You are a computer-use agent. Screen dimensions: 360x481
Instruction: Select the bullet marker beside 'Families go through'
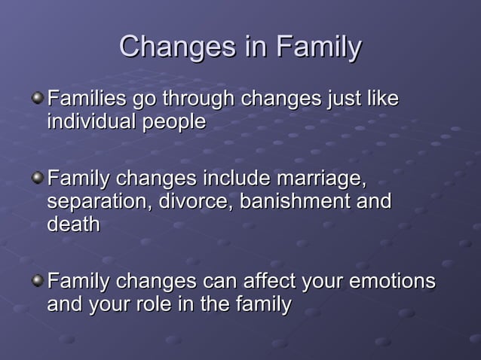point(37,99)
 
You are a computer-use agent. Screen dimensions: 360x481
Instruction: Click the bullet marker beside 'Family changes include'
point(37,179)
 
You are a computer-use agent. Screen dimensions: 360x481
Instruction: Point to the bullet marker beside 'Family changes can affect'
point(37,282)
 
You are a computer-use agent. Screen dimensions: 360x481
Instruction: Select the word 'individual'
point(89,121)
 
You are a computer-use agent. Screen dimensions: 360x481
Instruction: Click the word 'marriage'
point(320,181)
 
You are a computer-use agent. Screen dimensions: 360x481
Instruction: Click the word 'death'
point(73,224)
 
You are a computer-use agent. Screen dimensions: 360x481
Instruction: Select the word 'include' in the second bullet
point(237,179)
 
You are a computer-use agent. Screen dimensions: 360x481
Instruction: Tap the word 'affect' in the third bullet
point(262,282)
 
